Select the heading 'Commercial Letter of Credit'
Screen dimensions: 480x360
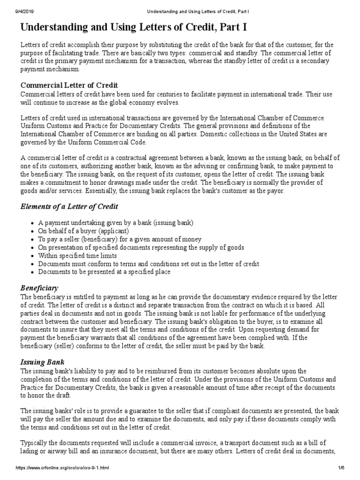(x=69, y=85)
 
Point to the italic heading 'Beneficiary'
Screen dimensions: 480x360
(x=39, y=287)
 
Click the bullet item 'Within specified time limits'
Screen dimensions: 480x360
(x=77, y=255)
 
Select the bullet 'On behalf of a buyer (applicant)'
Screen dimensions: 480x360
(x=83, y=231)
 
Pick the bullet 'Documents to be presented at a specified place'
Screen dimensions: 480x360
(x=104, y=271)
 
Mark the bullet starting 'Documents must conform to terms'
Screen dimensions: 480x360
(x=149, y=263)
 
